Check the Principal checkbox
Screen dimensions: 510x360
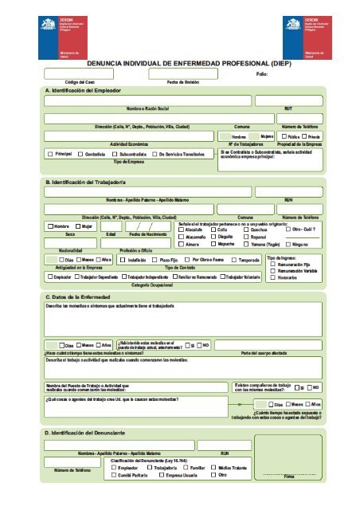coord(50,152)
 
